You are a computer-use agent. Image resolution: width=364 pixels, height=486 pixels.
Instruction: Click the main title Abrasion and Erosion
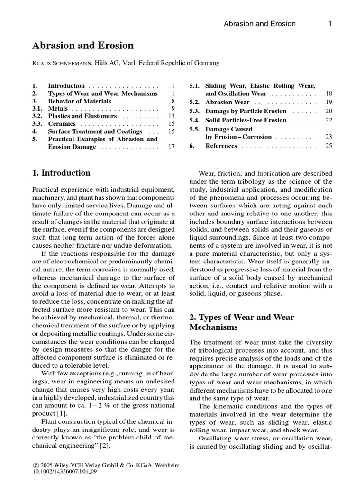click(82, 46)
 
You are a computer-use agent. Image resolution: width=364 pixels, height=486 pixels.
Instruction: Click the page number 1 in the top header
click(330, 24)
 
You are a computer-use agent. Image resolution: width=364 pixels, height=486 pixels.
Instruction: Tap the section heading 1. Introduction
click(61, 173)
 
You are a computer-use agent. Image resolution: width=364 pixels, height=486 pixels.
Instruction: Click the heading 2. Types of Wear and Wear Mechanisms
click(242, 322)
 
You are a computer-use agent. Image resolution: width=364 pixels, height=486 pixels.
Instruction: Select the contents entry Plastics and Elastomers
click(82, 116)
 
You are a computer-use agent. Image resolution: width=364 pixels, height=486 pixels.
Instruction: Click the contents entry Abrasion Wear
click(227, 102)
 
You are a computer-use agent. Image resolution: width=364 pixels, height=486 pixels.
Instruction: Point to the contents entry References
click(221, 146)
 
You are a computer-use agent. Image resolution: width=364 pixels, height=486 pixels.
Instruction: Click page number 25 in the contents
click(328, 146)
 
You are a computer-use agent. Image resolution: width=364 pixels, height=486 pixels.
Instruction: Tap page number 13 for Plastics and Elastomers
click(172, 116)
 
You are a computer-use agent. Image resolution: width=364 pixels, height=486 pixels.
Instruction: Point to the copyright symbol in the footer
click(36, 466)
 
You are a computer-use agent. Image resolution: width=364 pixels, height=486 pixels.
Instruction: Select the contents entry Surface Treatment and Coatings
click(95, 131)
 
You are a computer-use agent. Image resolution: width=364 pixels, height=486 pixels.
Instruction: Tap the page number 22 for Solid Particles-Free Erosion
click(328, 120)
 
